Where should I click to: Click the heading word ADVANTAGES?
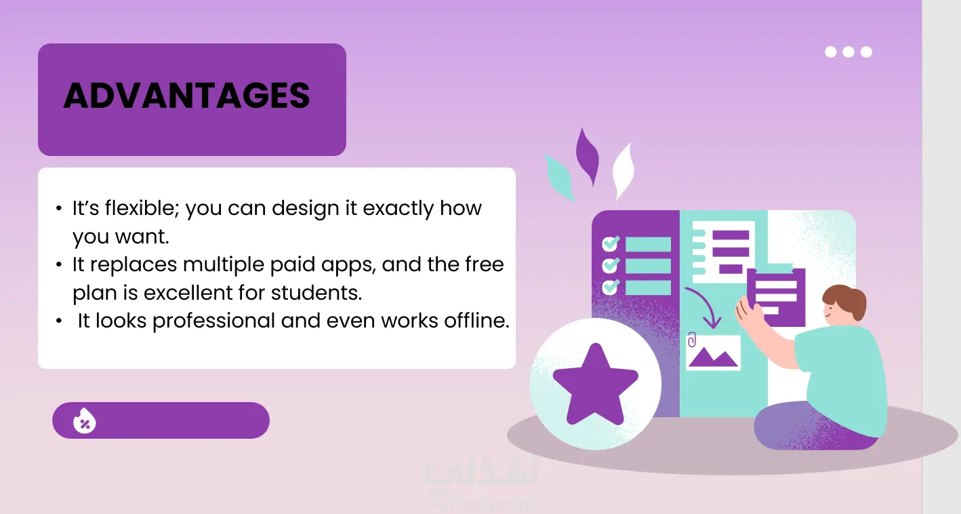click(186, 96)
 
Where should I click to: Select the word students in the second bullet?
click(316, 292)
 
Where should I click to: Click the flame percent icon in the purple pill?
click(85, 420)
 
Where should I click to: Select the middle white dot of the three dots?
click(848, 52)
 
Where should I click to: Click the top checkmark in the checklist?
click(611, 243)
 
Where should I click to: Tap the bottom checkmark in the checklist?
click(611, 286)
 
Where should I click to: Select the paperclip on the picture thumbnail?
click(691, 340)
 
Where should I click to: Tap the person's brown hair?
click(846, 300)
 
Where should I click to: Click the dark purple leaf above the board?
click(588, 157)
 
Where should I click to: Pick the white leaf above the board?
click(623, 171)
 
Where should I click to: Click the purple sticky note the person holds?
click(776, 297)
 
